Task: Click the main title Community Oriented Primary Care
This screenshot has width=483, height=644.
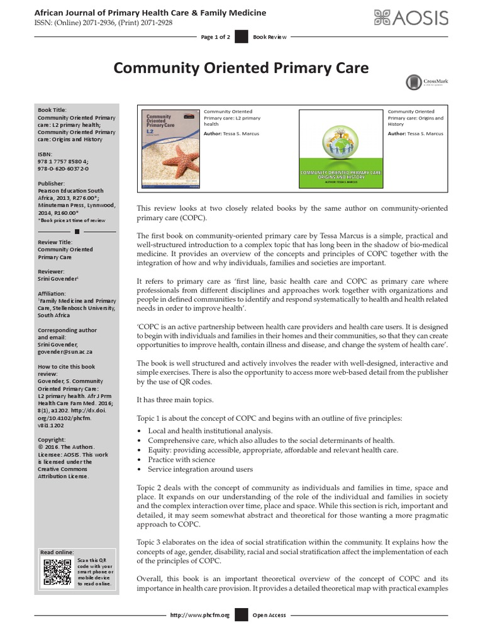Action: tap(241, 67)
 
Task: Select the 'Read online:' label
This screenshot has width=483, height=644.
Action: tap(57, 552)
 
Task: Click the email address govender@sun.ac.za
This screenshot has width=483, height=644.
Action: tap(64, 353)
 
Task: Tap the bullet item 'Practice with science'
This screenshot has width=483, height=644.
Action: tap(182, 460)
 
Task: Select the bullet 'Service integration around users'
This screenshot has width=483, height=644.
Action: tap(200, 469)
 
